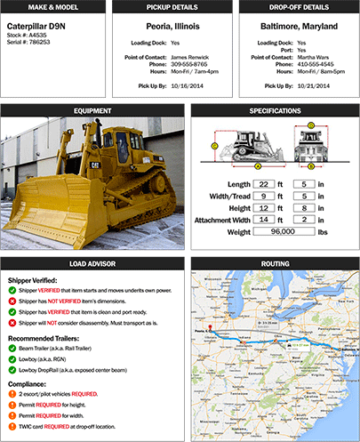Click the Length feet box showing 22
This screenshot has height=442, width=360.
coord(265,182)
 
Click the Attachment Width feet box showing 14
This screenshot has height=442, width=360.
coord(265,218)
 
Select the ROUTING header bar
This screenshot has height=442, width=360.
coord(274,263)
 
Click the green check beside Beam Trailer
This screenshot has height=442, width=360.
coord(12,350)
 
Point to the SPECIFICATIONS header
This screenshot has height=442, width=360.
coord(274,112)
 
